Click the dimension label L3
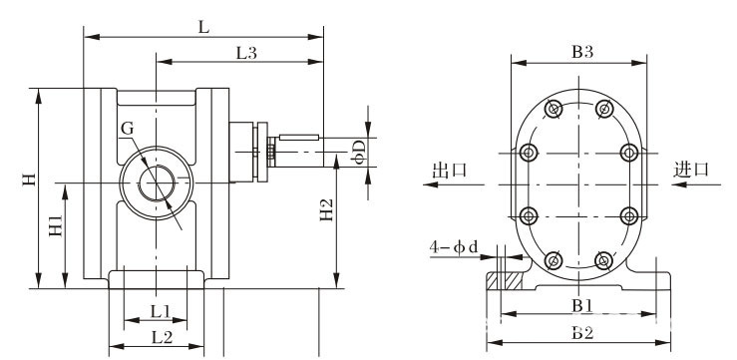pos(246,53)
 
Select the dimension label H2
pos(326,210)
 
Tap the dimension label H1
pos(56,225)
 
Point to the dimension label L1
pos(160,311)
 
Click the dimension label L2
pos(163,336)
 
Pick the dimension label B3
pos(582,52)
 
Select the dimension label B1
pos(581,306)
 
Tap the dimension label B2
pos(582,333)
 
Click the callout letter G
pos(127,129)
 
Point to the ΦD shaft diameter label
pos(359,153)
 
